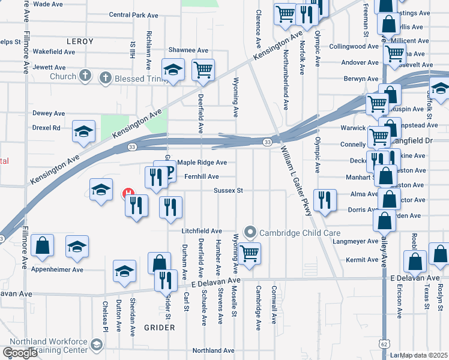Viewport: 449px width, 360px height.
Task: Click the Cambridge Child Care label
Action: [x=301, y=233]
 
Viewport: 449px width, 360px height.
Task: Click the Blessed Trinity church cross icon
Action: [x=105, y=77]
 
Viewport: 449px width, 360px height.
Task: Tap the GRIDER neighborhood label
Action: [x=160, y=328]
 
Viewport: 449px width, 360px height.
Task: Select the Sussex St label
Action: [x=228, y=191]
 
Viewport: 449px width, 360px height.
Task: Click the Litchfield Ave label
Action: [x=202, y=231]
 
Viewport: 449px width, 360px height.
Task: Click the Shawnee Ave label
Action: [x=187, y=50]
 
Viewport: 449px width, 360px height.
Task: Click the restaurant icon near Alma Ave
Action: [x=324, y=200]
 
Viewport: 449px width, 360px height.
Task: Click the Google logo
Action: [x=20, y=352]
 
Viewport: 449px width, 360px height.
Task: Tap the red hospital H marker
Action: [x=129, y=194]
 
